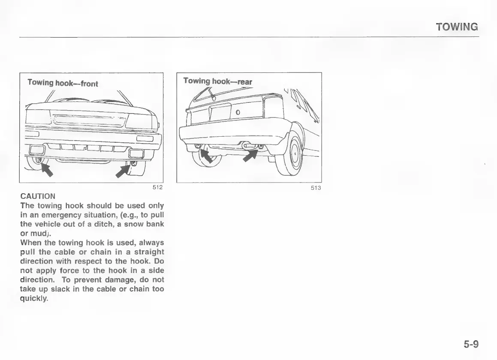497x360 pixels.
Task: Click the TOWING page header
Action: [x=457, y=27]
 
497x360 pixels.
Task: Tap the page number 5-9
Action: [x=470, y=344]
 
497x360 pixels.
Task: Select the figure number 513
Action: [x=316, y=188]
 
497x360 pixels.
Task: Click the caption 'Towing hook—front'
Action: [x=63, y=83]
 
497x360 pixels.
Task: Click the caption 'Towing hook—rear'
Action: [x=218, y=81]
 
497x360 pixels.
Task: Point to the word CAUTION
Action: [x=38, y=196]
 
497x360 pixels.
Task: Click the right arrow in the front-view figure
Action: [x=123, y=171]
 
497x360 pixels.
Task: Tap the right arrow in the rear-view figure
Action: [x=250, y=155]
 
